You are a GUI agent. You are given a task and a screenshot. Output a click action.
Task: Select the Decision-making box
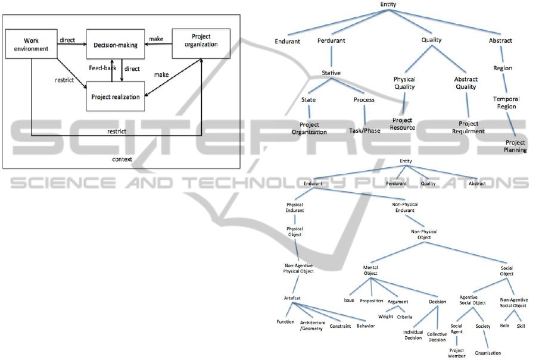point(116,45)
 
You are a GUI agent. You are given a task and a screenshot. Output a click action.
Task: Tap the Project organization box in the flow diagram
point(201,41)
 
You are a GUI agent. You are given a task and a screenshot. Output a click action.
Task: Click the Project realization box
point(116,96)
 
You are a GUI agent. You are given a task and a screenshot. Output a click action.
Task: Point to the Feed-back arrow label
point(102,68)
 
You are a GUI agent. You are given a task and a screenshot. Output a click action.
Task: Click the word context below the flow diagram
point(122,159)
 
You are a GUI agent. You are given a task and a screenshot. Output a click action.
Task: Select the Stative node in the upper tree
point(331,73)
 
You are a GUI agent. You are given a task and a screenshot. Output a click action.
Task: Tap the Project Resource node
point(403,124)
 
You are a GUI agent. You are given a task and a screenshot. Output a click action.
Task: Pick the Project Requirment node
point(468,128)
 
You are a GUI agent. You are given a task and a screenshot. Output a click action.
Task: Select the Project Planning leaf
point(516,146)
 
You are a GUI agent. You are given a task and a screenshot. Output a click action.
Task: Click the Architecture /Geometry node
point(312,325)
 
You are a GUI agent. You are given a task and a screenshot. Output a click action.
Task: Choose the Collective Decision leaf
point(437,337)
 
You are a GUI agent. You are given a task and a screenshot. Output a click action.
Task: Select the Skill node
point(521,326)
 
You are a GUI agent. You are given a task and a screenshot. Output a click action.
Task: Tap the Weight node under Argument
point(385,317)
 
